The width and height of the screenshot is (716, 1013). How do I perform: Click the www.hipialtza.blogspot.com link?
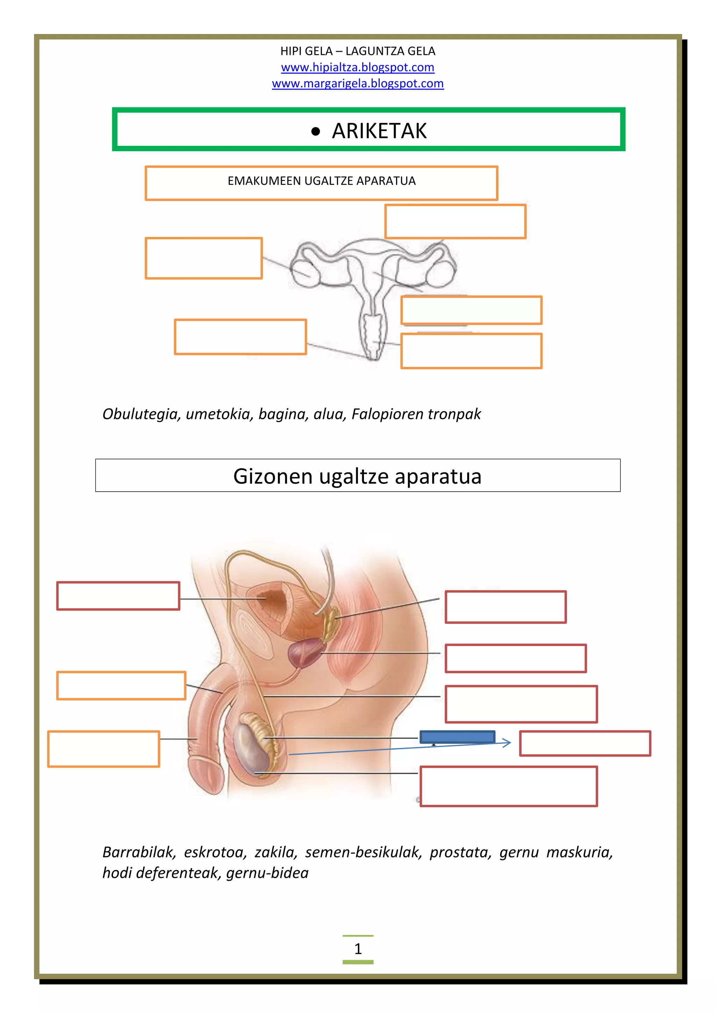click(x=358, y=68)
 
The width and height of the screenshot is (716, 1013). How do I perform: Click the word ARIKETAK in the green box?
click(x=379, y=131)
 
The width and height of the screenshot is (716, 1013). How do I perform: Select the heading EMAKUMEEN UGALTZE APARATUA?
click(x=321, y=181)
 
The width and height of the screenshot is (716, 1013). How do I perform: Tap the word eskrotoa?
click(x=215, y=852)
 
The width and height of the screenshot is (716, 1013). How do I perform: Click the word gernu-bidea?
click(x=267, y=873)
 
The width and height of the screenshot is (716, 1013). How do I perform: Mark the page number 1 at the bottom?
click(x=358, y=948)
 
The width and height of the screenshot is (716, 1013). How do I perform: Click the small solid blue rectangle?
click(x=457, y=737)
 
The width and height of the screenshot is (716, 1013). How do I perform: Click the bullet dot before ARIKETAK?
click(x=315, y=132)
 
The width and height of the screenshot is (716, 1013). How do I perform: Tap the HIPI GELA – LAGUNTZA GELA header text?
click(x=358, y=51)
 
